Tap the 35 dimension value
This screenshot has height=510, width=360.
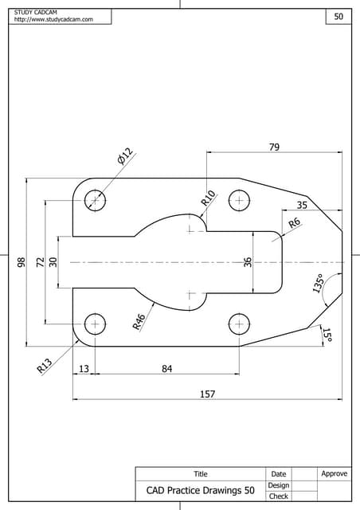(x=301, y=205)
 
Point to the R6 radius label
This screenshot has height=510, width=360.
(x=295, y=224)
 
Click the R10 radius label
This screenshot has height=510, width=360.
(x=208, y=198)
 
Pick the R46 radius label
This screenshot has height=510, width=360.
(x=139, y=321)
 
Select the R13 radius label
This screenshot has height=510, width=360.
(x=45, y=366)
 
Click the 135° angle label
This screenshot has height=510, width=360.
(x=318, y=284)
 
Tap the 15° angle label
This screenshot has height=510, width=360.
(x=327, y=335)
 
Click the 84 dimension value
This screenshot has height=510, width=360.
(x=166, y=368)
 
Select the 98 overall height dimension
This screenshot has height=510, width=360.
(x=22, y=261)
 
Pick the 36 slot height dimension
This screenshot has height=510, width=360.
(x=248, y=261)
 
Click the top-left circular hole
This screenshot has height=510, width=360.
(x=96, y=200)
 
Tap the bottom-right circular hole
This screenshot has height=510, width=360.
(x=239, y=324)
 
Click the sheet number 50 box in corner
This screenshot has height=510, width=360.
(x=338, y=17)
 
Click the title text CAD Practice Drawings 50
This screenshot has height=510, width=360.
(x=200, y=490)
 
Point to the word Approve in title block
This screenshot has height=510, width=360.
(x=334, y=473)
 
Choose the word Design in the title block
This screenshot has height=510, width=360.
(x=278, y=484)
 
